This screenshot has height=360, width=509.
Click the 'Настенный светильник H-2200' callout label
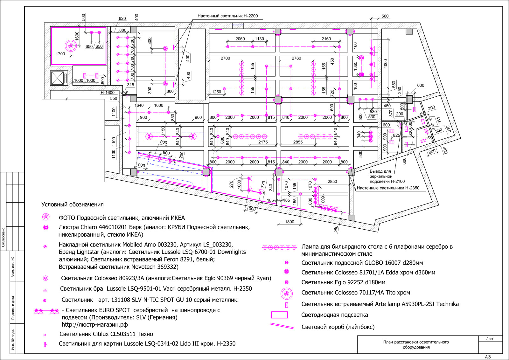(227, 16)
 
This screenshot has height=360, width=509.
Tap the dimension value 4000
(385, 64)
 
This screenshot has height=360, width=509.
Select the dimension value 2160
(326, 39)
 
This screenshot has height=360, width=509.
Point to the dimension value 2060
(240, 39)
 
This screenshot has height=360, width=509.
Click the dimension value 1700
(60, 54)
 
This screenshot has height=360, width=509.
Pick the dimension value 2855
(298, 142)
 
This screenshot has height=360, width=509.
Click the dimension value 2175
(263, 142)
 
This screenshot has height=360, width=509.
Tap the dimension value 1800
(289, 222)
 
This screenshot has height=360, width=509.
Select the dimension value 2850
(332, 182)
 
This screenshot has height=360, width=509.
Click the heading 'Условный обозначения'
(73, 204)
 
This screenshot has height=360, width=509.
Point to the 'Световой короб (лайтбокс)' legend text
(338, 327)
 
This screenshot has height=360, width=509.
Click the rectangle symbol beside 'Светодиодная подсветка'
(279, 315)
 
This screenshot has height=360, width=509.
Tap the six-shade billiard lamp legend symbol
(279, 247)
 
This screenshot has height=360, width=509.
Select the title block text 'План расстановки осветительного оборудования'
(416, 344)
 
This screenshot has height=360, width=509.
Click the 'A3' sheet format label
(488, 357)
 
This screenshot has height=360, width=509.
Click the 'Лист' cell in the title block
(490, 339)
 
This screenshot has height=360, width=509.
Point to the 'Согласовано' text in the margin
(3, 237)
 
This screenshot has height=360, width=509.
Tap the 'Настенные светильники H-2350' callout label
(388, 188)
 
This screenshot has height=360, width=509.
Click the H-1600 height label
(108, 93)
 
